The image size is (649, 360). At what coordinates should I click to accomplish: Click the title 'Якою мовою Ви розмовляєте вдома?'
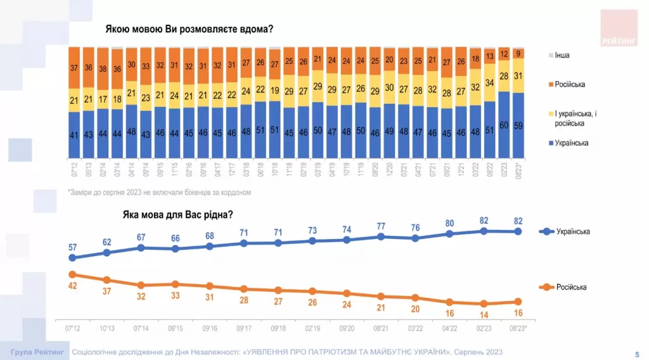click(189, 29)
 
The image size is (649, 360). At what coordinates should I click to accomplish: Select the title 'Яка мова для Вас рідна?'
click(177, 214)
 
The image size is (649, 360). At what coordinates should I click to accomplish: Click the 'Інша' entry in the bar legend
click(562, 55)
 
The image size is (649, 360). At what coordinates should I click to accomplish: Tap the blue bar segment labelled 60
click(504, 125)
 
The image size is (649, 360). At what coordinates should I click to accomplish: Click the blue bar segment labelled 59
click(518, 125)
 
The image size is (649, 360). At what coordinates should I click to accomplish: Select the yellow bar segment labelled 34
click(490, 83)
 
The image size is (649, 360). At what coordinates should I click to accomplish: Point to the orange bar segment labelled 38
click(103, 68)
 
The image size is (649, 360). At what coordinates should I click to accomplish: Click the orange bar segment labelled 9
click(518, 53)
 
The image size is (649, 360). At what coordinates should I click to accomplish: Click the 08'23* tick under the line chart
click(518, 328)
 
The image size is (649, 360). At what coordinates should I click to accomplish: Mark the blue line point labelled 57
click(72, 258)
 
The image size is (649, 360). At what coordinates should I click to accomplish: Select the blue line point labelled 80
click(449, 234)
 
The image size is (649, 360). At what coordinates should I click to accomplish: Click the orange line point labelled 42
click(72, 274)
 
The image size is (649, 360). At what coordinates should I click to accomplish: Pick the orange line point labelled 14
click(484, 304)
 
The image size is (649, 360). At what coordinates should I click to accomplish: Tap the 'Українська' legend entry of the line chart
click(572, 231)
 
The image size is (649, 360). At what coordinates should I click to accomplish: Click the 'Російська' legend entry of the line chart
click(571, 287)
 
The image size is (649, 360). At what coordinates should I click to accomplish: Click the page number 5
click(636, 352)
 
